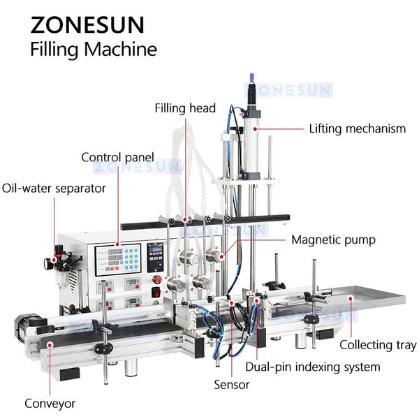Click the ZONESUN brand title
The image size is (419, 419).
tap(87, 24)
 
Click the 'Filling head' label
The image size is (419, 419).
tap(185, 108)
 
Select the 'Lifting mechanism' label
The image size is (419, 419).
tap(358, 128)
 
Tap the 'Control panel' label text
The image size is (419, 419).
tap(117, 157)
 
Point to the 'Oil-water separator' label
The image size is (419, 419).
tap(54, 189)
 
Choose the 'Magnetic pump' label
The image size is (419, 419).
tap(333, 240)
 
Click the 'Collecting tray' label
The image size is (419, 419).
tap(378, 345)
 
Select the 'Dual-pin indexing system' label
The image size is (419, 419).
tap(313, 367)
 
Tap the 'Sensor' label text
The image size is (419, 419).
tap(232, 385)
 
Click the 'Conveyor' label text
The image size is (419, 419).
tap(50, 404)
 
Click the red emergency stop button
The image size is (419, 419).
tap(157, 279)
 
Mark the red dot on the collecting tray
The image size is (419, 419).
tap(351, 298)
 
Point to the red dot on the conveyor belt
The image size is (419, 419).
tap(50, 345)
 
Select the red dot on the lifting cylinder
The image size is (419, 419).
tap(255, 128)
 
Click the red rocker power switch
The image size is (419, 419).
tap(156, 292)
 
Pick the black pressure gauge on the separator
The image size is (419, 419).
tap(48, 263)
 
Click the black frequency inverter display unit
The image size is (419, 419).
tap(155, 257)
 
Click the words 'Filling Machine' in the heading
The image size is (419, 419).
tap(94, 50)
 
